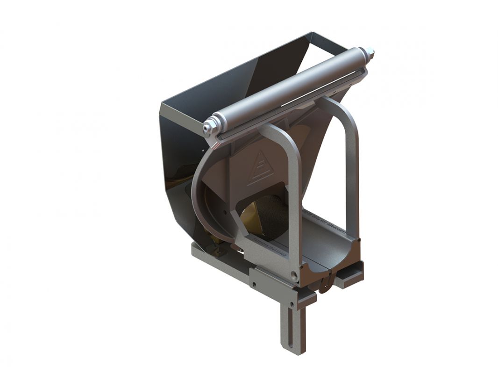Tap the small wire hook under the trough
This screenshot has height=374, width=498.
(x=327, y=283)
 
